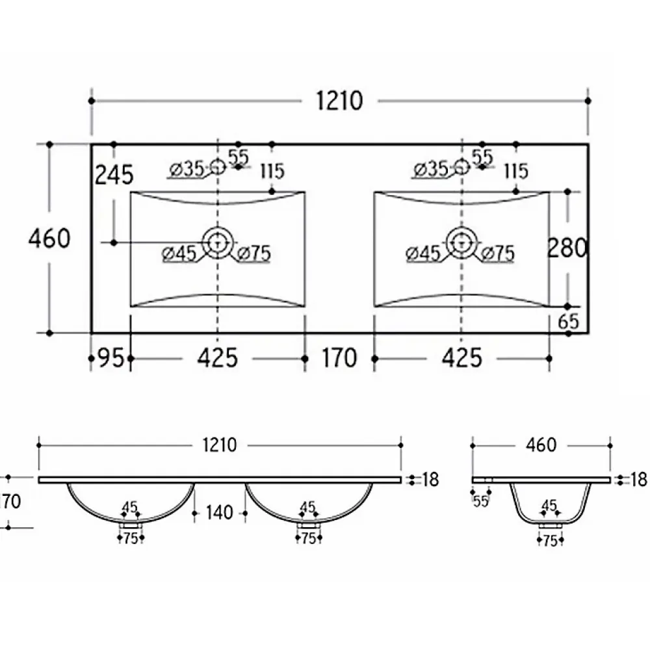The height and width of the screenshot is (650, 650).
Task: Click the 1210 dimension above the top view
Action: [339, 101]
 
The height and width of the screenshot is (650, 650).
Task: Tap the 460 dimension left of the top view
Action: [49, 239]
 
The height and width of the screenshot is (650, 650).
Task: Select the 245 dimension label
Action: [114, 174]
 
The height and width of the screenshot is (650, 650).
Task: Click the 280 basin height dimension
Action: [567, 248]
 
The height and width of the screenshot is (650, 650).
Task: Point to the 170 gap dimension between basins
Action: [339, 357]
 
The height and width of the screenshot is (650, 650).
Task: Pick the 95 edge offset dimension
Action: [111, 357]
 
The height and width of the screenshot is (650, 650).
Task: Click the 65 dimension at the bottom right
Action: [568, 322]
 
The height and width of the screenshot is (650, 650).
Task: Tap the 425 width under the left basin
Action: [218, 357]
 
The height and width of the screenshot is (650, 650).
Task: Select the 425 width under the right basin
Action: [461, 357]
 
